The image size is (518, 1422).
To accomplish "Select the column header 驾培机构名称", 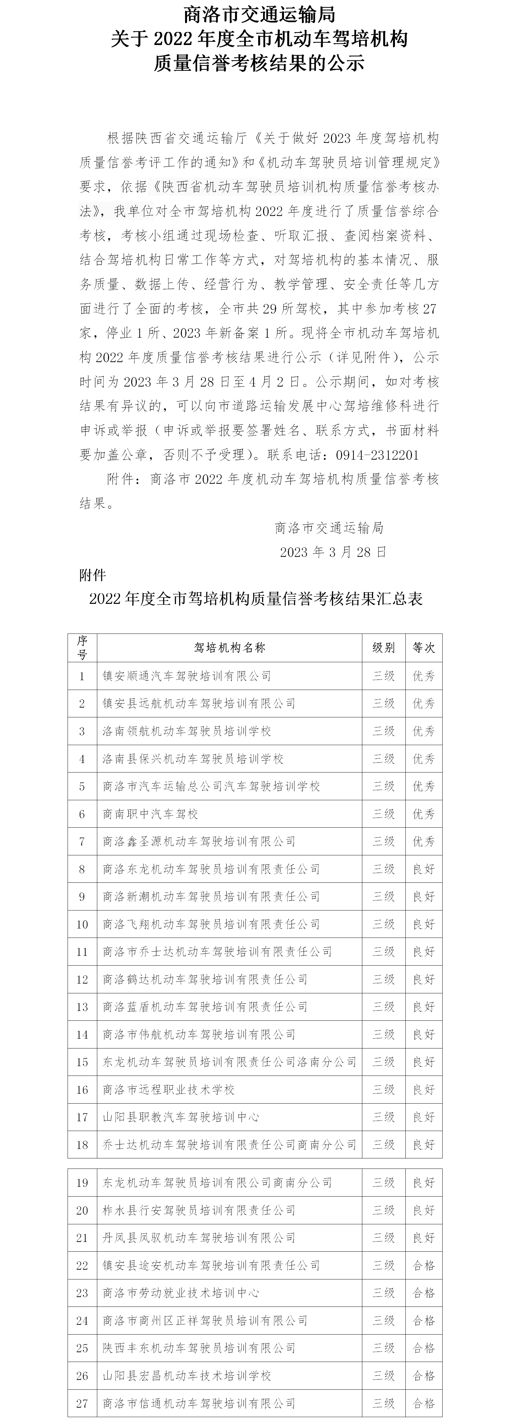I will pyautogui.click(x=230, y=648).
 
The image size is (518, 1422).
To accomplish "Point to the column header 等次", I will pyautogui.click(x=424, y=648).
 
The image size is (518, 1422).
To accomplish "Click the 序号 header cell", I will pyautogui.click(x=82, y=648).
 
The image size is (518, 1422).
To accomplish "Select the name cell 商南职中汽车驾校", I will pyautogui.click(x=150, y=814).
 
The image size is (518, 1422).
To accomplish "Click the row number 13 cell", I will pyautogui.click(x=82, y=1007).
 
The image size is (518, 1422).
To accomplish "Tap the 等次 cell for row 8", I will pyautogui.click(x=424, y=869).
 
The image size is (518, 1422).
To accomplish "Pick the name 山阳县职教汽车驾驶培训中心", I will pyautogui.click(x=181, y=1117).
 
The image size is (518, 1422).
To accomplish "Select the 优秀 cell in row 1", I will pyautogui.click(x=424, y=676).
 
